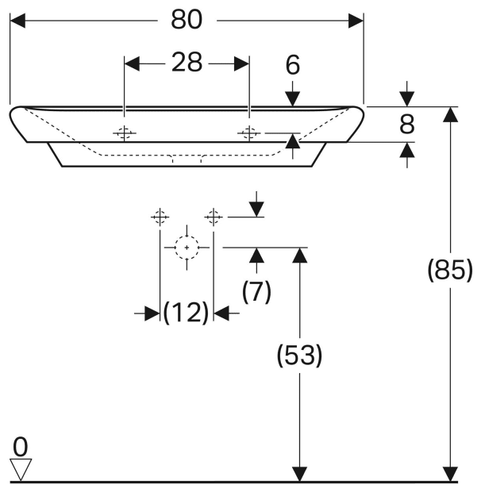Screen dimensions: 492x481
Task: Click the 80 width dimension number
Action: (x=187, y=21)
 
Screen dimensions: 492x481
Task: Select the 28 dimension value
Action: (x=187, y=63)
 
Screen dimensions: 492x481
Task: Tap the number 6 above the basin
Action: (x=293, y=65)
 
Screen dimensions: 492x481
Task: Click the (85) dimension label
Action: (x=449, y=271)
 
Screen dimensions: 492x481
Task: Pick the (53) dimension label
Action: (x=299, y=356)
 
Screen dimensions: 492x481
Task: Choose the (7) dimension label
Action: (x=256, y=292)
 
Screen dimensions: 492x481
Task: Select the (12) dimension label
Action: (x=186, y=313)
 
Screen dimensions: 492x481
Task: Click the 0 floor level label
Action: (x=20, y=444)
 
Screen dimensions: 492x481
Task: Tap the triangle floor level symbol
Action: (x=21, y=469)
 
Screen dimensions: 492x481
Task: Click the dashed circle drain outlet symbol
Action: (x=187, y=248)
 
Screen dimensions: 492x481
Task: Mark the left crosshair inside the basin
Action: (x=124, y=133)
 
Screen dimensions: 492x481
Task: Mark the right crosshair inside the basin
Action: (x=249, y=133)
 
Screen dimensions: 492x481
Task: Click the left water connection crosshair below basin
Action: (x=160, y=216)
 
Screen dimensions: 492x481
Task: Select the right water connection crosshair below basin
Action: (x=213, y=216)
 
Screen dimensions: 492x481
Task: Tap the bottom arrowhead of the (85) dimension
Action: (x=451, y=474)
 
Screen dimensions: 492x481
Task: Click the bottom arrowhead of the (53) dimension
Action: (x=299, y=474)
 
